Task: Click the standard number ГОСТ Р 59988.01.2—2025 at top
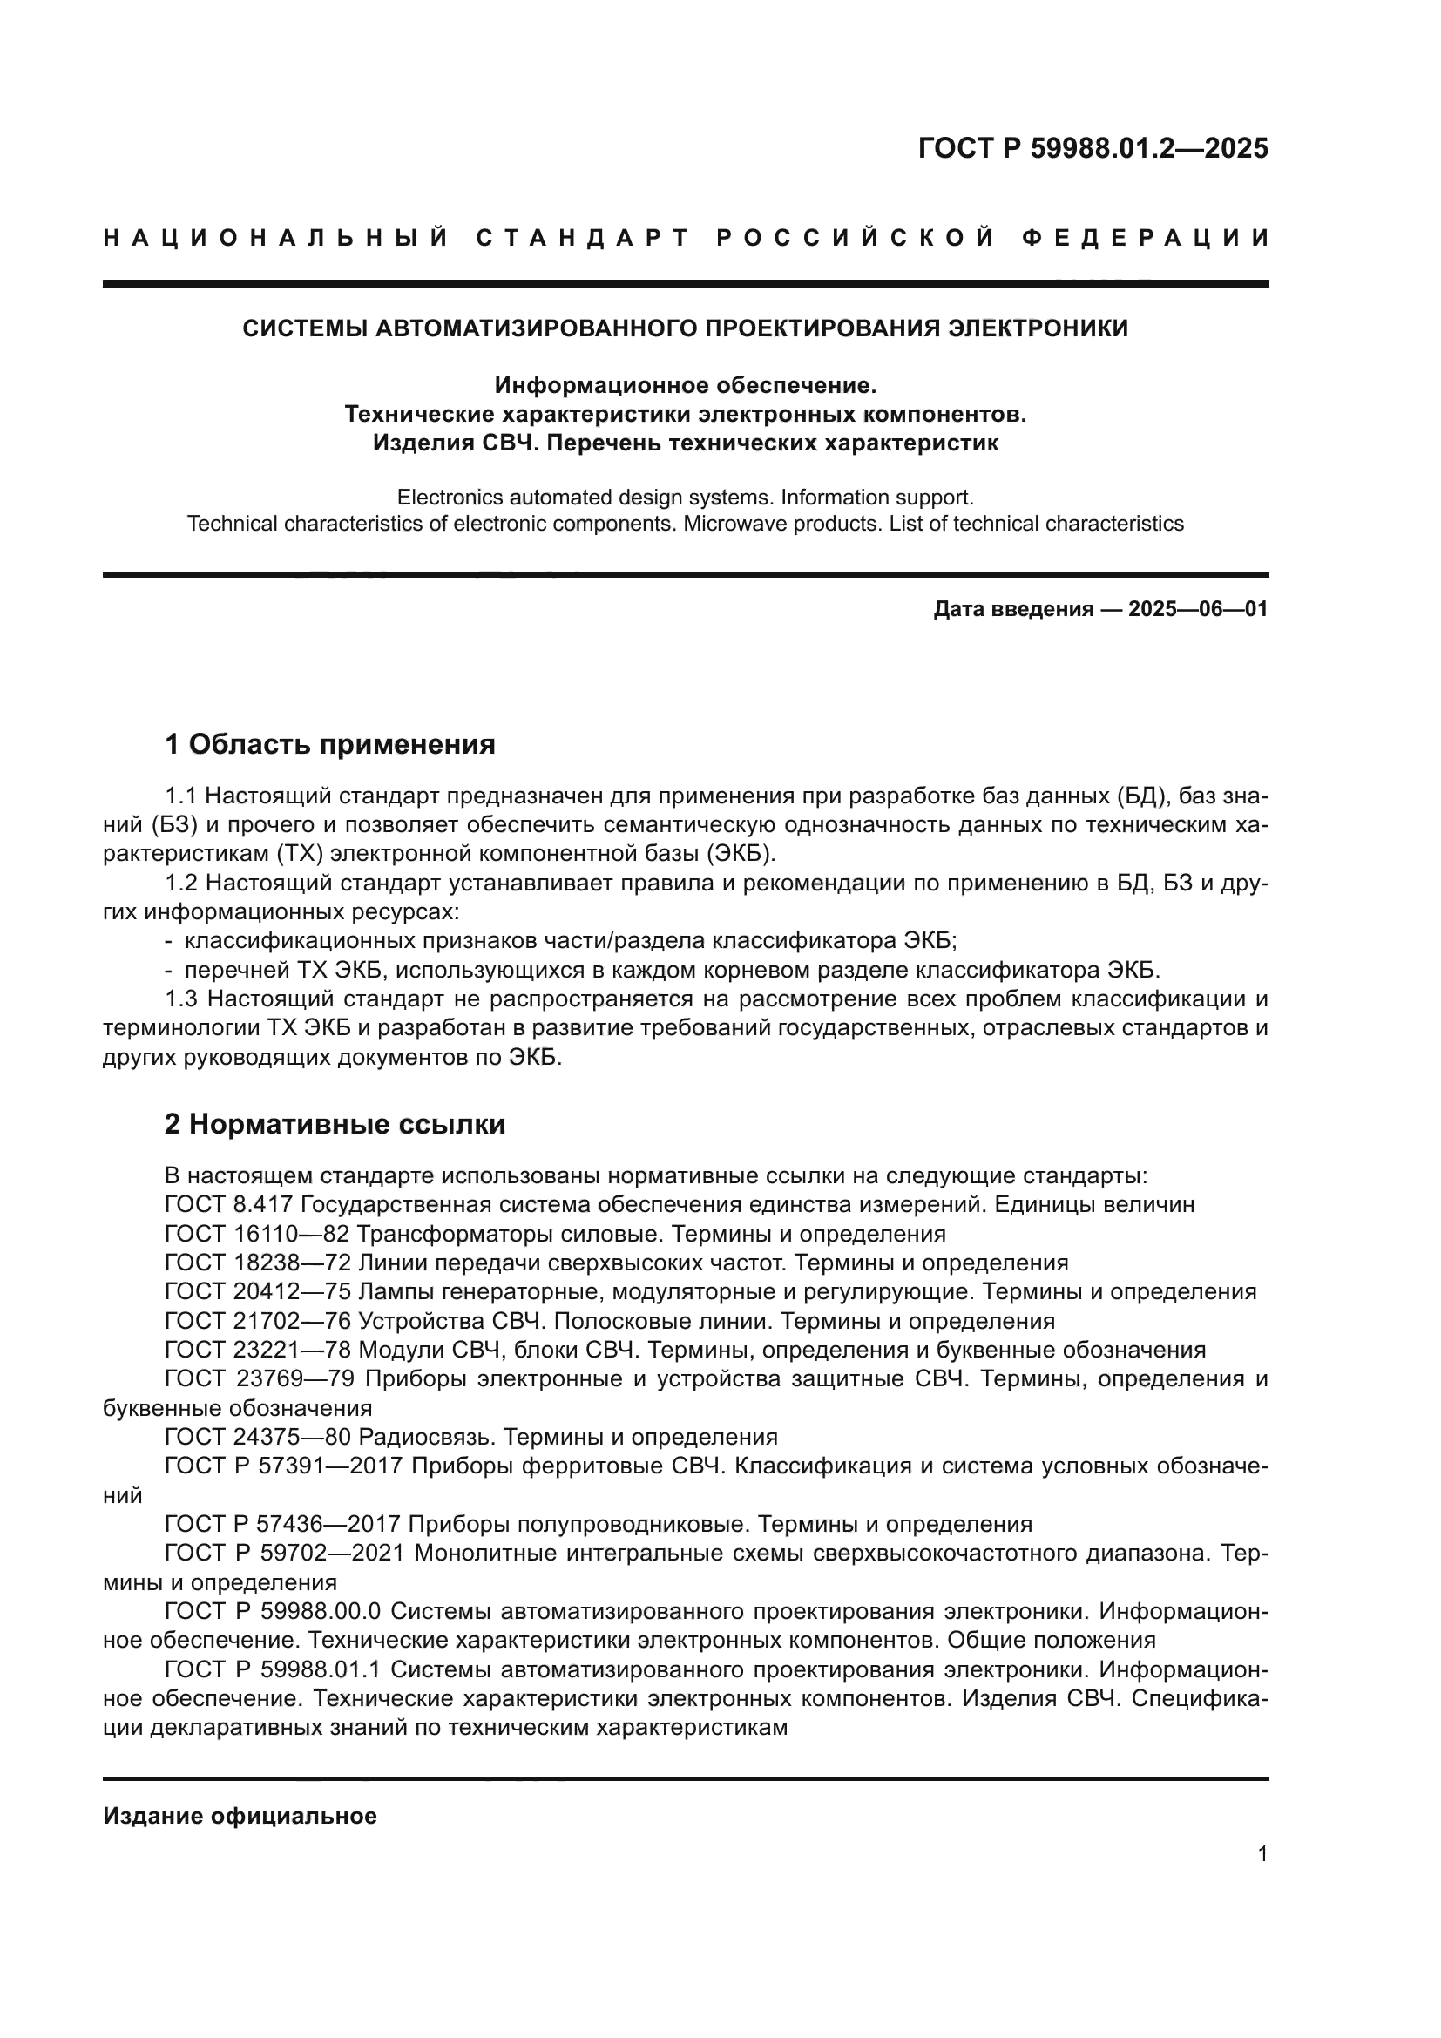point(1093,148)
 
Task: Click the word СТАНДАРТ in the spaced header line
point(583,238)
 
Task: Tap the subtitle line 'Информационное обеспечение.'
point(685,385)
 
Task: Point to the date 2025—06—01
point(1198,609)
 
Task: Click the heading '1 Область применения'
point(330,744)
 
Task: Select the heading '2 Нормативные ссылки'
point(335,1124)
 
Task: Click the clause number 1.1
point(182,796)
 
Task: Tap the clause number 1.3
point(182,999)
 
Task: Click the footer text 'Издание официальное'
point(240,1816)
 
